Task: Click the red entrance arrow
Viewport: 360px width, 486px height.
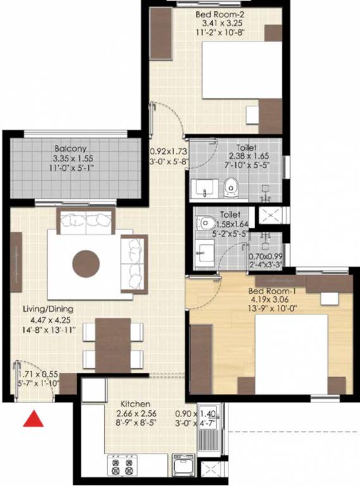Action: pos(33,420)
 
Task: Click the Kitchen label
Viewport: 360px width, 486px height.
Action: pos(135,404)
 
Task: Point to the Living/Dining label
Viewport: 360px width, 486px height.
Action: pos(49,309)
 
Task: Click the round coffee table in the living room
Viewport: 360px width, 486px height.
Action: pos(85,263)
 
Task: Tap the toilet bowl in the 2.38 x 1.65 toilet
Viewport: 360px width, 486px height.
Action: pos(231,186)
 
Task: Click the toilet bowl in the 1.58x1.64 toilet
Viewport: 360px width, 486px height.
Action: pos(205,223)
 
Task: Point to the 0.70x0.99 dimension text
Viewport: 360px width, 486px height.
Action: pos(265,258)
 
